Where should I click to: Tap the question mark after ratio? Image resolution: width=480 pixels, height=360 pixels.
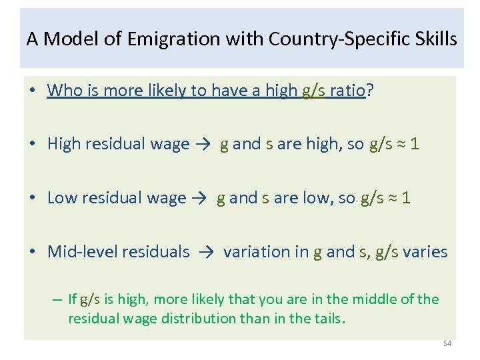click(x=369, y=91)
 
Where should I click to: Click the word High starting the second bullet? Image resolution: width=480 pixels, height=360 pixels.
click(x=64, y=145)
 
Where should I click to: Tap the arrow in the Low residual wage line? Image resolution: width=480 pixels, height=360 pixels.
click(x=201, y=199)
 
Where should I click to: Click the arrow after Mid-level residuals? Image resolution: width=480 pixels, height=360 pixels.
click(x=207, y=252)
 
